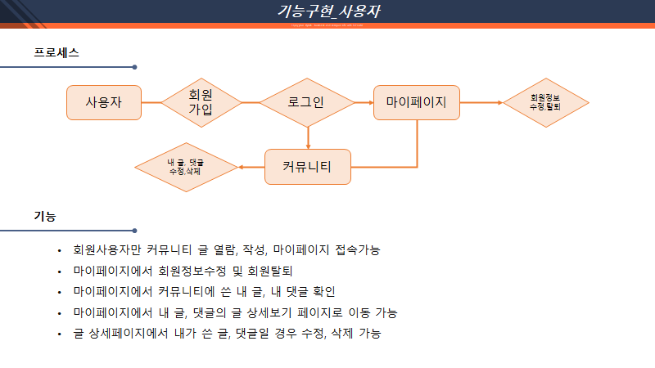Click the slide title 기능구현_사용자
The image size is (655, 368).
pyautogui.click(x=327, y=11)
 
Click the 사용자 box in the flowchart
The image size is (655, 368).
pyautogui.click(x=104, y=103)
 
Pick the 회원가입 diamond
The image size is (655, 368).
pyautogui.click(x=201, y=102)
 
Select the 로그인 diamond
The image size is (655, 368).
pyautogui.click(x=307, y=103)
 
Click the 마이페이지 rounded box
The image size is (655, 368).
pyautogui.click(x=416, y=103)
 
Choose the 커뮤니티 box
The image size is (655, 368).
pyautogui.click(x=307, y=167)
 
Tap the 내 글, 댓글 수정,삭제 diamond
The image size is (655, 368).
pyautogui.click(x=186, y=167)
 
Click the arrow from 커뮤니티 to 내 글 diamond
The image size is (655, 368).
pyautogui.click(x=251, y=167)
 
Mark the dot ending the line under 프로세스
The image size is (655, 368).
pyautogui.click(x=134, y=67)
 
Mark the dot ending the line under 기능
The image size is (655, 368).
pyautogui.click(x=134, y=231)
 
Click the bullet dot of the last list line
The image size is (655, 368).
pyautogui.click(x=59, y=334)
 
